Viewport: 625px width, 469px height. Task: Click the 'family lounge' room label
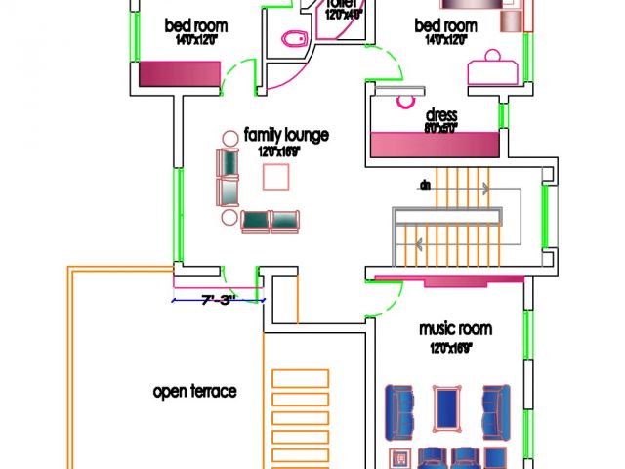(x=285, y=135)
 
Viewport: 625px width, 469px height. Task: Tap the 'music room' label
(x=455, y=329)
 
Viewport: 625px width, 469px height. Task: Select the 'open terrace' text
(x=195, y=392)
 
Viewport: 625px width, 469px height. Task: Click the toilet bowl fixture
(x=293, y=39)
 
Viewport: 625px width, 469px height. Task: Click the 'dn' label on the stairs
(x=425, y=184)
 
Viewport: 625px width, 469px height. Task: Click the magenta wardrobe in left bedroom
(x=181, y=74)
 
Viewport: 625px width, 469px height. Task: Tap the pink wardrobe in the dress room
(x=435, y=144)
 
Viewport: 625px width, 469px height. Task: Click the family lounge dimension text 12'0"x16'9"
(x=279, y=152)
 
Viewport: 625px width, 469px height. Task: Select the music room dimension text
(x=451, y=347)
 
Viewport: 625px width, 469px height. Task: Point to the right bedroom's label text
(x=445, y=25)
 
